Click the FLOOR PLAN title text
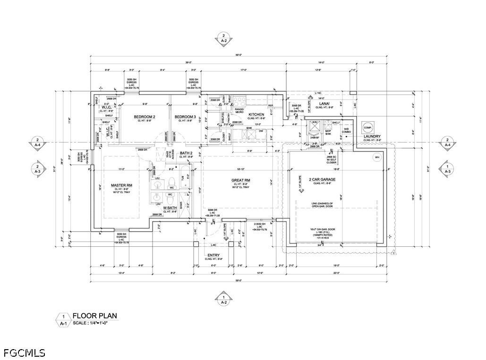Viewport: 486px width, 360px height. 94,316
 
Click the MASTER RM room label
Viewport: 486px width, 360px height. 121,185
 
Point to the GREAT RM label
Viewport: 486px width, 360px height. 240,180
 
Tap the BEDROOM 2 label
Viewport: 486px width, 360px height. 145,117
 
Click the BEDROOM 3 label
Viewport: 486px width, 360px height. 185,117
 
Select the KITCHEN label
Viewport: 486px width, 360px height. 256,115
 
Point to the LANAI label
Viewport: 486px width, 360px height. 324,103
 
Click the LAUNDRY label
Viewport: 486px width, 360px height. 372,137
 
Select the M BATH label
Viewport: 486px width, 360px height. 170,208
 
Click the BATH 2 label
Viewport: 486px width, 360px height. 186,153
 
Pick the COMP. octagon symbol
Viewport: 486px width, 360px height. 368,126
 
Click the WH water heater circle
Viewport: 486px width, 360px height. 376,157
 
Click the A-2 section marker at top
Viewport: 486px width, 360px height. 223,38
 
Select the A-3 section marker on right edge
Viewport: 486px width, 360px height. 446,169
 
